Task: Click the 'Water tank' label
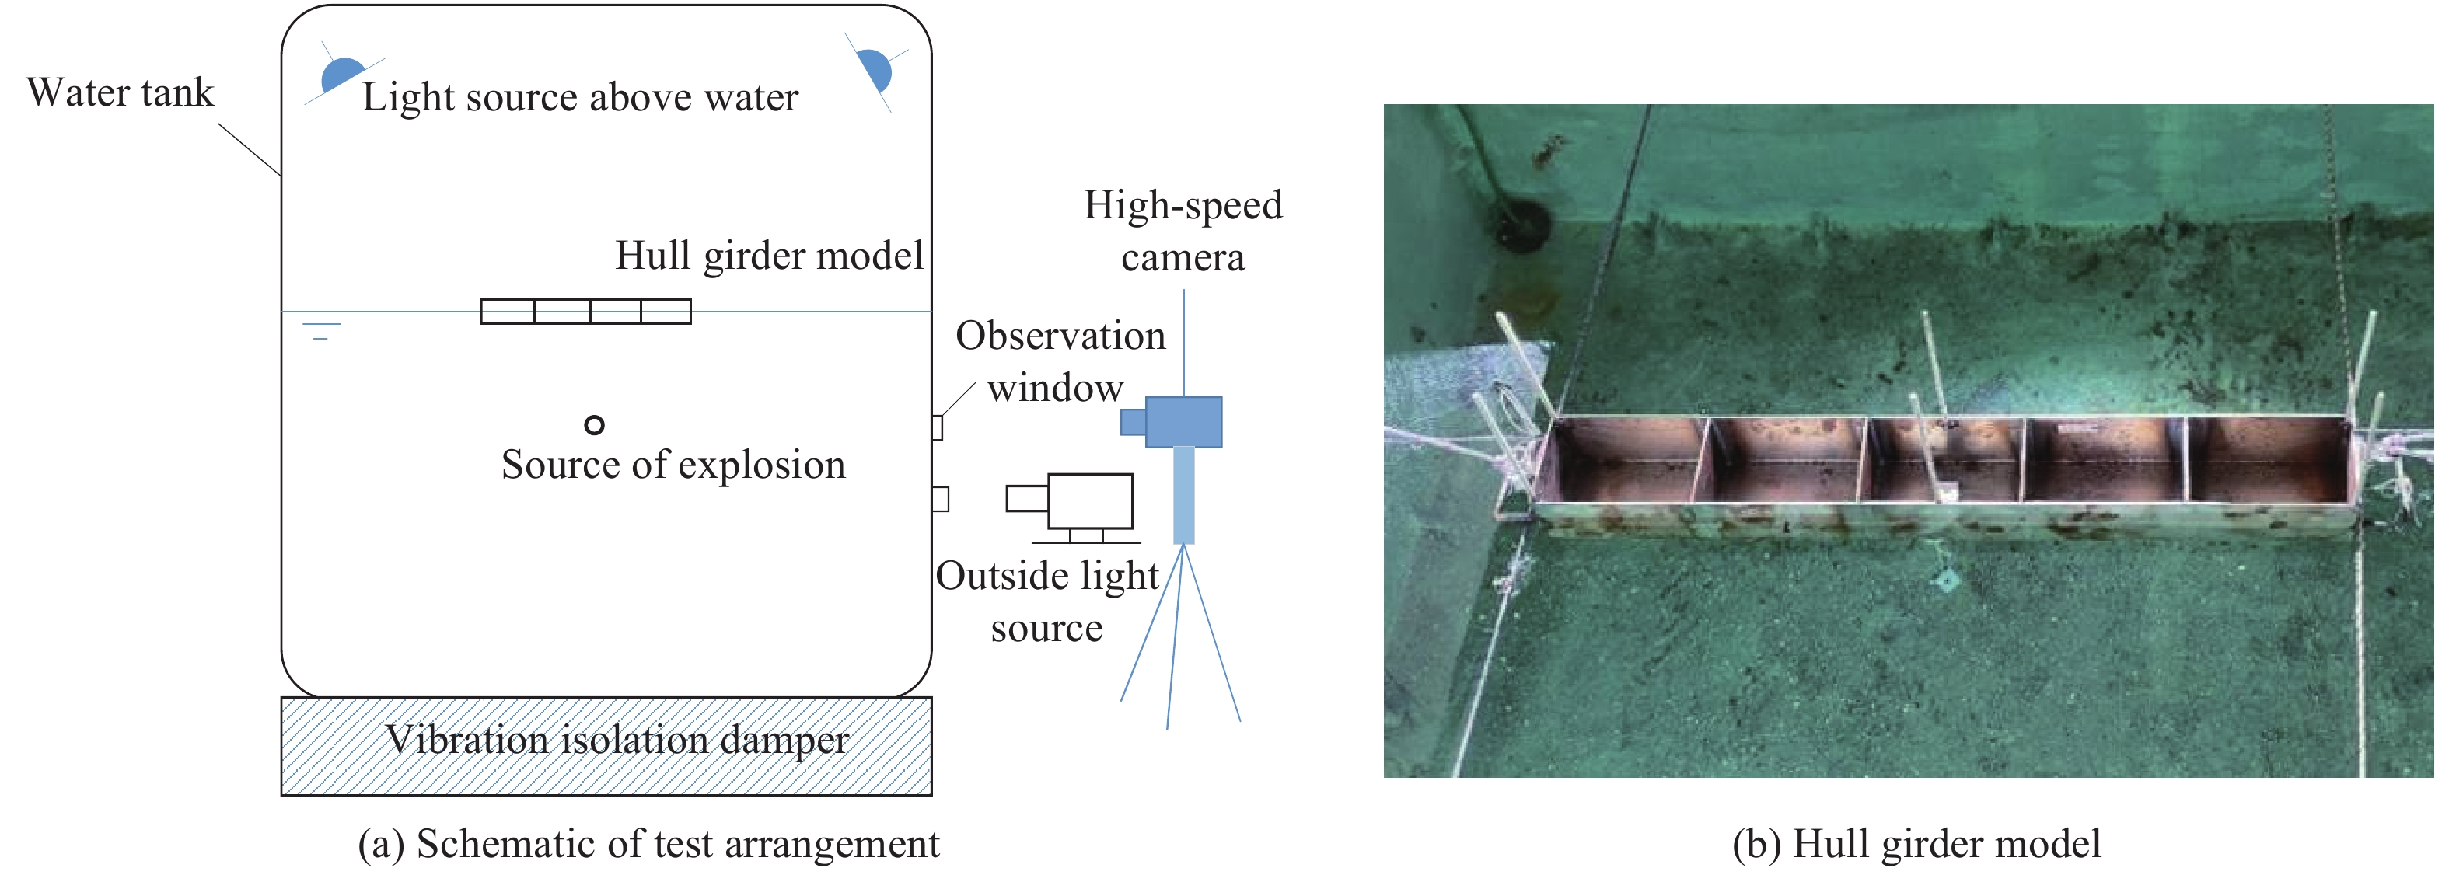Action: coord(120,93)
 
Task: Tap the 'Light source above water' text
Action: coord(580,98)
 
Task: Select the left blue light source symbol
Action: coord(341,74)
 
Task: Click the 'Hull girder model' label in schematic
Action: coord(768,256)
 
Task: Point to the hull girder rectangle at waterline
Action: coord(585,312)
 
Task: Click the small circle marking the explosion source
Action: coord(594,424)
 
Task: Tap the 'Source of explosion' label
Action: coord(673,465)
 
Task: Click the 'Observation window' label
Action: coord(1059,361)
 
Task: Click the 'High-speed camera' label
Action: coord(1183,231)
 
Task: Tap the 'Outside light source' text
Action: coord(1046,601)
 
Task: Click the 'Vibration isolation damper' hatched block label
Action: coord(616,740)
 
